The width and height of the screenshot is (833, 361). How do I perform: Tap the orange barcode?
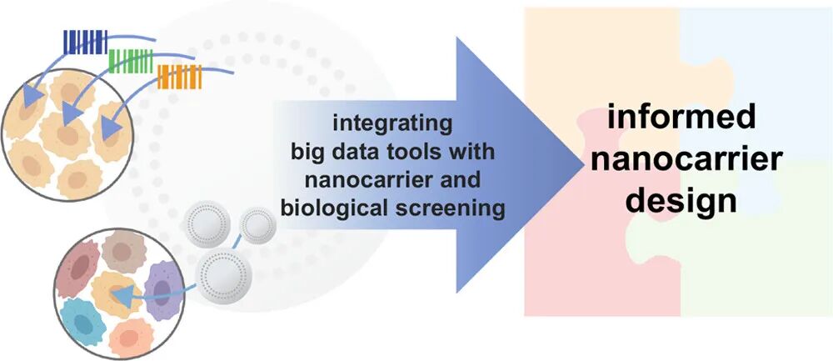click(x=177, y=77)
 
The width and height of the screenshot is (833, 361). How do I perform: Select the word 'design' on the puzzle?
click(x=681, y=199)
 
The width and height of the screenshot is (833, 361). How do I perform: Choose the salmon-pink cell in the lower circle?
click(x=129, y=330)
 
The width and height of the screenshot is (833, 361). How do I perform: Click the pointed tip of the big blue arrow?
click(x=581, y=164)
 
